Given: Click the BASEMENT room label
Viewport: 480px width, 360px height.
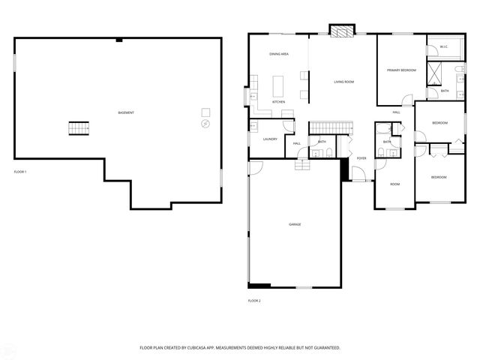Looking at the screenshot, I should click(126, 112).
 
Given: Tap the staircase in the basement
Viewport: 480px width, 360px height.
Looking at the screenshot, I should click(79, 128).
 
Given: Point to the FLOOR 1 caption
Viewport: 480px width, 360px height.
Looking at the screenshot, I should click(20, 172).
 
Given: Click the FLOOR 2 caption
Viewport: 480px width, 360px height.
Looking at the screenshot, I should click(254, 301).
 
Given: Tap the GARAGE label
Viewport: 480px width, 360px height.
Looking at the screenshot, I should click(295, 224).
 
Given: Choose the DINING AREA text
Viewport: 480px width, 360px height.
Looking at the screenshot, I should click(279, 54).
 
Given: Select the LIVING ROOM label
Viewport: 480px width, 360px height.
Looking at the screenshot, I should click(343, 81).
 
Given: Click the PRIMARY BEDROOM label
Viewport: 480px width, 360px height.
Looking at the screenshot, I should click(401, 70).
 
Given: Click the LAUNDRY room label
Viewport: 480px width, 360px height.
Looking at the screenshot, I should click(270, 139).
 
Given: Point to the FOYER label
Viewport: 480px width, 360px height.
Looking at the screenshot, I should click(361, 158).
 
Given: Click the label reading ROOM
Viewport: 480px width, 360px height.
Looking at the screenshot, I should click(394, 184).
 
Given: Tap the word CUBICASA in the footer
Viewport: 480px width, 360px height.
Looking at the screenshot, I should click(201, 348).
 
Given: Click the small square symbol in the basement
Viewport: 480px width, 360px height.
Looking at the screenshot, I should click(205, 112).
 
